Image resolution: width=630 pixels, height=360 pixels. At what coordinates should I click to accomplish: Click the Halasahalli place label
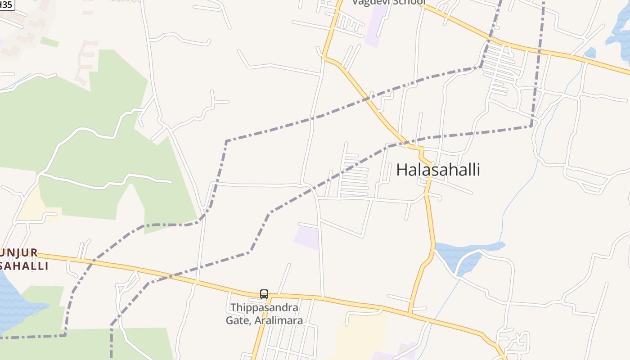click(438, 170)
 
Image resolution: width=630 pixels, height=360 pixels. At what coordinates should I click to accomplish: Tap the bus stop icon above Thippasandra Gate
click(264, 294)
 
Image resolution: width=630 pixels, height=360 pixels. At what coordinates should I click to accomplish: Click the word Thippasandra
click(264, 308)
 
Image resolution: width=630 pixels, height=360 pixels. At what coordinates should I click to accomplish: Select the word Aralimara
click(279, 320)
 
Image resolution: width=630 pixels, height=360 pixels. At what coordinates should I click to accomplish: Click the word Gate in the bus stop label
click(238, 320)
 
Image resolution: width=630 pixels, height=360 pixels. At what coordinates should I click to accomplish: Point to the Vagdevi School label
click(388, 2)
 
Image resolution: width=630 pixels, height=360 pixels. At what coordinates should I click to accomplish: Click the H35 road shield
click(6, 4)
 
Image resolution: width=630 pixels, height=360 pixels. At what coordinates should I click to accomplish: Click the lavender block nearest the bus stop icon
click(307, 237)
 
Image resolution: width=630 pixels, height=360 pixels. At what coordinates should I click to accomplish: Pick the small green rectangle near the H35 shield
click(49, 42)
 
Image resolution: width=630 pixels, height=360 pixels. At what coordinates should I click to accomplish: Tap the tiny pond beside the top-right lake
click(590, 53)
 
